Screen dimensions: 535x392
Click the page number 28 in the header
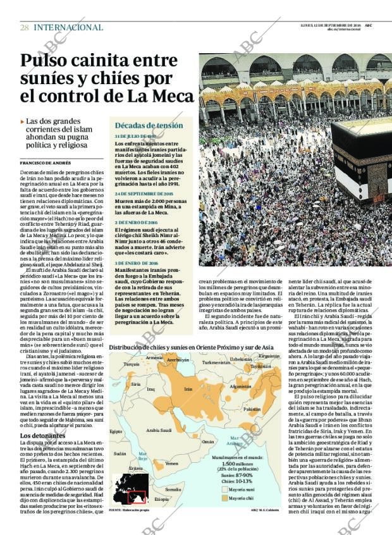click(24, 27)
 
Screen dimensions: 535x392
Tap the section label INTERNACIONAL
click(68, 27)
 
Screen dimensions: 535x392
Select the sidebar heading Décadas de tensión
click(149, 125)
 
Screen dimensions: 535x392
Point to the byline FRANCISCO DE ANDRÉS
click(46, 163)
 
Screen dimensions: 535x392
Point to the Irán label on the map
click(188, 390)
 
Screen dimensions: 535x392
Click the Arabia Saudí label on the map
click(159, 431)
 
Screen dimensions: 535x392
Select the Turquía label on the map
click(132, 364)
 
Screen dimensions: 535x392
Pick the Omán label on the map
click(208, 442)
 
